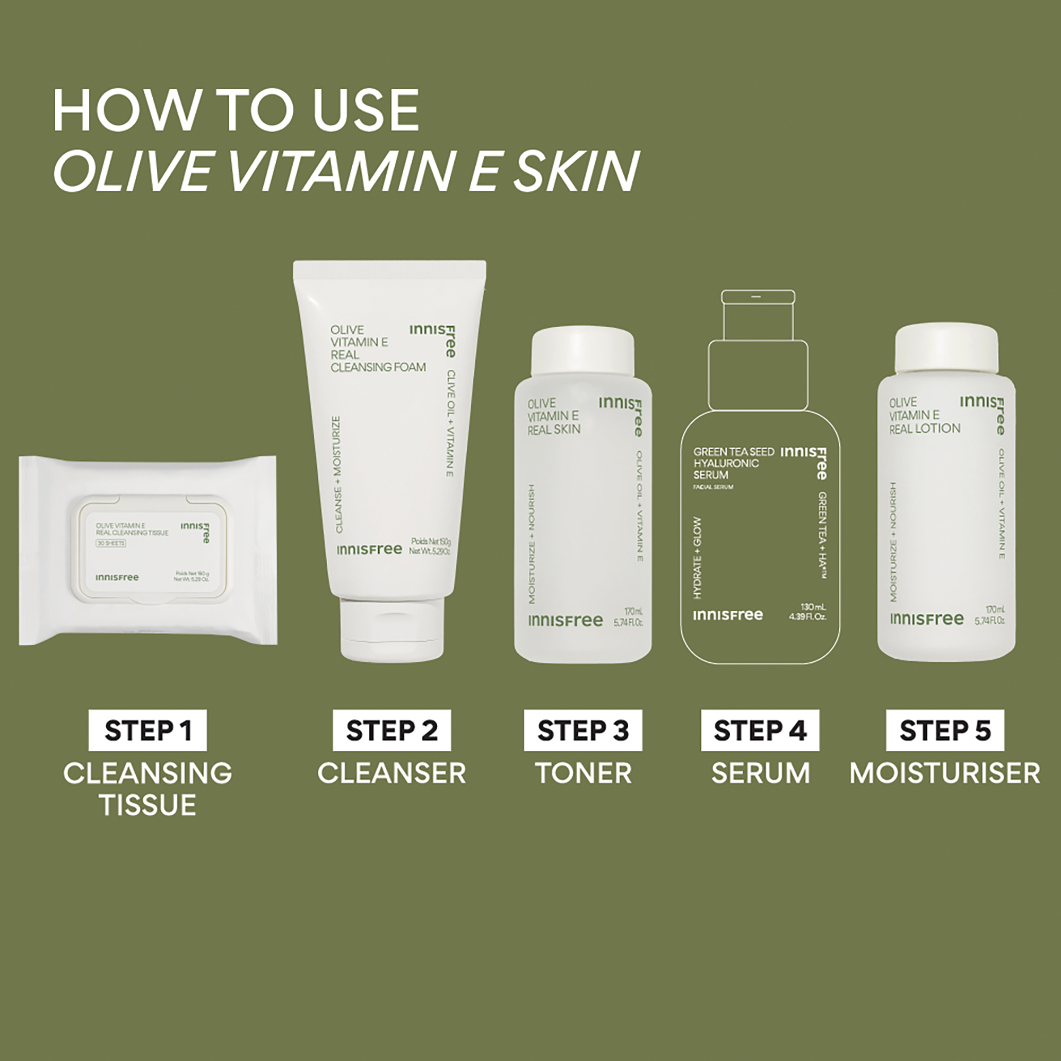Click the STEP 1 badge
tap(147, 730)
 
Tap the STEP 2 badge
tap(392, 730)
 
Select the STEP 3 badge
tap(582, 730)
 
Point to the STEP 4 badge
tap(760, 730)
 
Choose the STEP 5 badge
tap(945, 730)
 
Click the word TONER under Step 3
tap(583, 773)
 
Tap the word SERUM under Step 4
tap(761, 773)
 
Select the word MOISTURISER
tap(945, 773)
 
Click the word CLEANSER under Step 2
tap(392, 773)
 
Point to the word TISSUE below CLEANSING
tap(147, 805)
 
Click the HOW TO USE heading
tap(236, 111)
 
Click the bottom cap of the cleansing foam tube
tap(392, 629)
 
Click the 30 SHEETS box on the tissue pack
tap(111, 543)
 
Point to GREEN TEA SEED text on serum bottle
tap(734, 452)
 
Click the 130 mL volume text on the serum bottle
tap(813, 607)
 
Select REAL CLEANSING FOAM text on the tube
tap(378, 361)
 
